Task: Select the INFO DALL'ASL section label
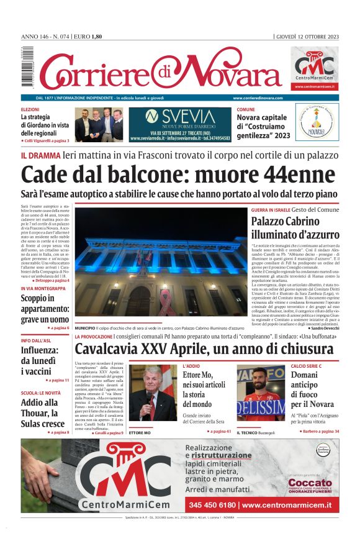(x=40, y=340)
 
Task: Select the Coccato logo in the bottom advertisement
(x=310, y=482)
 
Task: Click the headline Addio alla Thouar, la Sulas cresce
(x=43, y=413)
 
